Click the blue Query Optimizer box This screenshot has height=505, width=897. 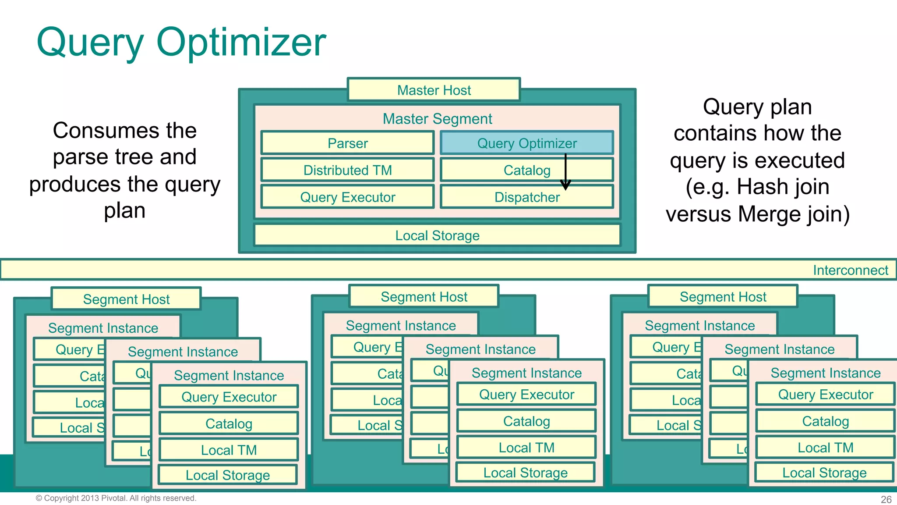pos(526,143)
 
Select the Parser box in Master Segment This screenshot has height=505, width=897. pos(347,143)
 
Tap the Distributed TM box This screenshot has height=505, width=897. pos(347,170)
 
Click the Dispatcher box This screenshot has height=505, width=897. pos(526,197)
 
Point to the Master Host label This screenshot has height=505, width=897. pos(434,90)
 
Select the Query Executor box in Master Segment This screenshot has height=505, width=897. pos(347,197)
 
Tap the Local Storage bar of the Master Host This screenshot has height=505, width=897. pos(437,235)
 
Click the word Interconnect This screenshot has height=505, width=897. pos(850,270)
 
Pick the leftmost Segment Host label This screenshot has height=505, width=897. pos(126,299)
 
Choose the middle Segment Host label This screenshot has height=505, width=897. pos(424,297)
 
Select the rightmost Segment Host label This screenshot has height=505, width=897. pos(723,297)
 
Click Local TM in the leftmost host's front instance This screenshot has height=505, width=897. pos(229,450)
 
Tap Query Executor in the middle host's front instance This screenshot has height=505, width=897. pos(526,395)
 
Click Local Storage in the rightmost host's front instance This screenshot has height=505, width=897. pos(824,473)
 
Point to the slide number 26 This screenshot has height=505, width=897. pos(886,499)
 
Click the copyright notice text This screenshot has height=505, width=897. pos(116,498)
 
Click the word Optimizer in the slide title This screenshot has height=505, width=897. pos(241,43)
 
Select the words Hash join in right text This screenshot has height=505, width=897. pos(783,187)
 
